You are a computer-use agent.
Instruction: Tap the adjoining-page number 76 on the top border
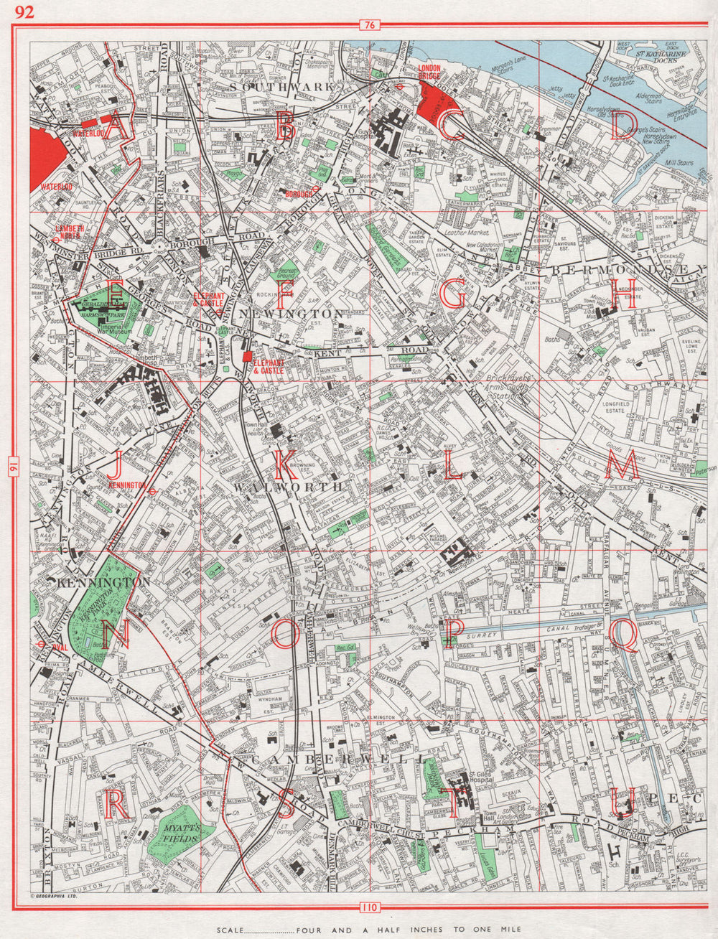[369, 26]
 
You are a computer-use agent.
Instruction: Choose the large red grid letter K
[286, 467]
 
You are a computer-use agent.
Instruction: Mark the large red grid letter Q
[623, 636]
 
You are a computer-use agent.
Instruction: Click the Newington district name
[293, 314]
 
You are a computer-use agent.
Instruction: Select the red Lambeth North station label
[70, 231]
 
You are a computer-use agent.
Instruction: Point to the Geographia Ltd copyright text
[53, 897]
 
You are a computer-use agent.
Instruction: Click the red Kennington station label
[127, 485]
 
